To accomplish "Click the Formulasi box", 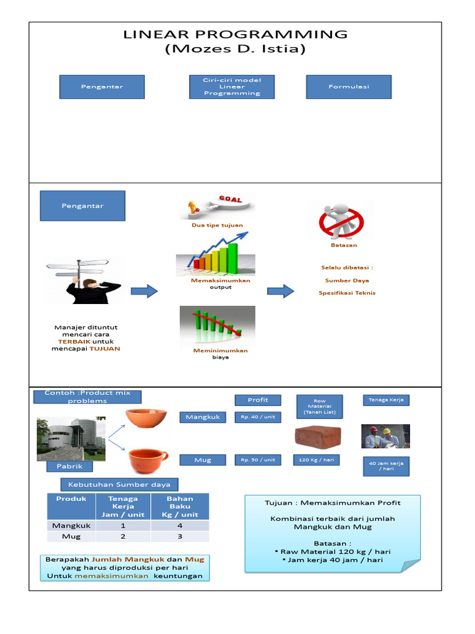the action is pyautogui.click(x=349, y=87).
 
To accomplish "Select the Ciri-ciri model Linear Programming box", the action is pyautogui.click(x=232, y=87).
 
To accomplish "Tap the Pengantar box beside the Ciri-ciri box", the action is pyautogui.click(x=102, y=87).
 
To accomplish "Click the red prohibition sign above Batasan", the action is pyautogui.click(x=341, y=222).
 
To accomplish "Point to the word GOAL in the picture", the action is pyautogui.click(x=230, y=199).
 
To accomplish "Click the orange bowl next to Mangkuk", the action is pyautogui.click(x=146, y=418).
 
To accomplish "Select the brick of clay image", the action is pyautogui.click(x=318, y=437).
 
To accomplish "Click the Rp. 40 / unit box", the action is pyautogui.click(x=258, y=417).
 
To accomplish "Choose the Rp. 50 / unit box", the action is pyautogui.click(x=258, y=460).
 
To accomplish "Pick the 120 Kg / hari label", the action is pyautogui.click(x=316, y=460).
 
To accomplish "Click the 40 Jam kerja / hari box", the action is pyautogui.click(x=386, y=466).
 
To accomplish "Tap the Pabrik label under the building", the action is pyautogui.click(x=69, y=466).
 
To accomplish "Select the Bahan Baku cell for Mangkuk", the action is pyautogui.click(x=180, y=526).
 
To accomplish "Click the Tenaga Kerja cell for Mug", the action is pyautogui.click(x=123, y=537).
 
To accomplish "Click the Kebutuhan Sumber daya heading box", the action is pyautogui.click(x=119, y=484).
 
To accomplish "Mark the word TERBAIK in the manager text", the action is pyautogui.click(x=74, y=342).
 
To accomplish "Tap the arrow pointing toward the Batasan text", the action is pyautogui.click(x=281, y=291).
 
